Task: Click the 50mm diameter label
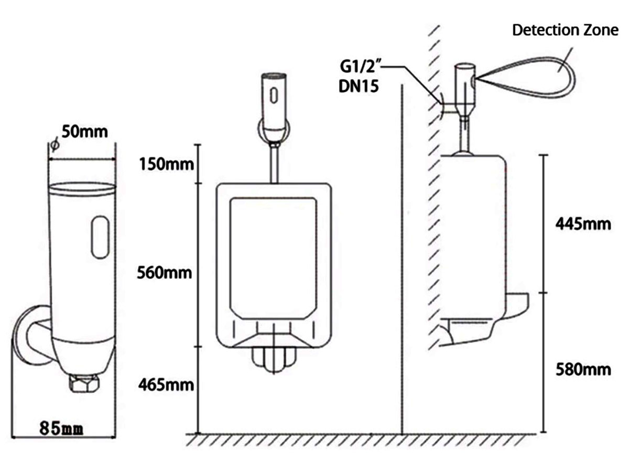(85, 131)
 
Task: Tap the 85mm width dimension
(62, 428)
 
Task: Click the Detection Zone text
(565, 30)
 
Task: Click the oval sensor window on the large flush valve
(100, 239)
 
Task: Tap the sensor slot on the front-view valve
(274, 94)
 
